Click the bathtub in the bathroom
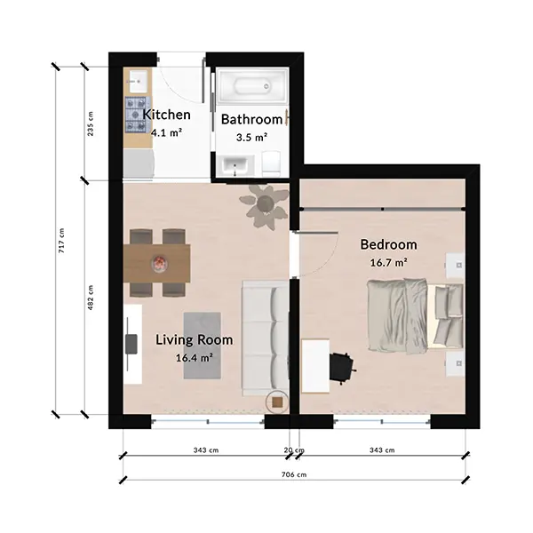tap(252, 85)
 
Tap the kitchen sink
tap(138, 81)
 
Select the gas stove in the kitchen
tap(138, 115)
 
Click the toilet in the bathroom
tap(271, 163)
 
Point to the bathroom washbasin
tap(236, 166)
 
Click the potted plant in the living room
tap(264, 207)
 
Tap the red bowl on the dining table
tap(159, 263)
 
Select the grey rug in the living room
tap(203, 346)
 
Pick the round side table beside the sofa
tap(277, 402)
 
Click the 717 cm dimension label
tap(61, 241)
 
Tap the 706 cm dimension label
tap(294, 474)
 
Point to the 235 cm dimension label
tap(91, 123)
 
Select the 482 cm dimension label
tap(91, 298)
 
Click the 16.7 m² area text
tap(389, 262)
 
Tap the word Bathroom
tap(252, 119)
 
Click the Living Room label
tap(195, 339)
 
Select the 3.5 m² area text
tap(252, 138)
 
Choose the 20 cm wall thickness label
tap(294, 450)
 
